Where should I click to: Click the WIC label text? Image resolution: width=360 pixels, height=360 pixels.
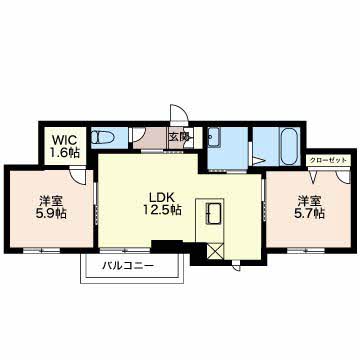[x=63, y=139]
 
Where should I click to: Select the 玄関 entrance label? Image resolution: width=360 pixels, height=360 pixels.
[x=179, y=138]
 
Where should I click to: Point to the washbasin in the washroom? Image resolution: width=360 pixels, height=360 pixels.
[x=216, y=139]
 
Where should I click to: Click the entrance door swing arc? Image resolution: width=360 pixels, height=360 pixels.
[x=177, y=116]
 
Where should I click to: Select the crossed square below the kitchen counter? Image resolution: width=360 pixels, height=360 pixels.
[x=214, y=250]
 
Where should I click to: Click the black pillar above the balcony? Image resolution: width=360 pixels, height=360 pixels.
[x=166, y=246]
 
